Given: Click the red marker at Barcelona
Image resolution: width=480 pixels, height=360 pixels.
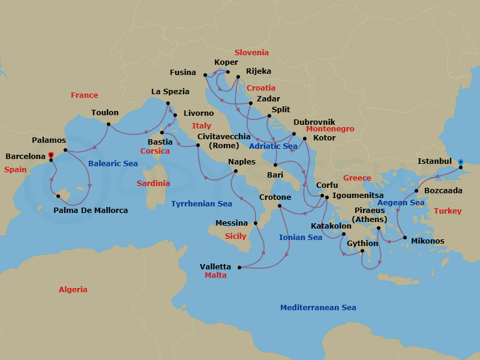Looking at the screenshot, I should (51, 155).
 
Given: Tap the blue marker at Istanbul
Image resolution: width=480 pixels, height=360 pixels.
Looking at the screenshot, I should (460, 161).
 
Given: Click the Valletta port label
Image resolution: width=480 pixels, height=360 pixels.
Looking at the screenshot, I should (215, 267).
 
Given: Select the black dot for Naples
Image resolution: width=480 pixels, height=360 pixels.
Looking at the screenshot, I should (235, 172).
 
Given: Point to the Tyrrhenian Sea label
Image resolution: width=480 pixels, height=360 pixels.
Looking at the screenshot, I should (202, 204).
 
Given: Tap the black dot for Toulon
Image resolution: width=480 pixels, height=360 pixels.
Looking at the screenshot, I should (108, 125).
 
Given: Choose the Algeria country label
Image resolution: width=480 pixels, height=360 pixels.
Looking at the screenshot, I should (73, 290).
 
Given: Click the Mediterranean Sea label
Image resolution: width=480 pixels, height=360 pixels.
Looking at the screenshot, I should (318, 308).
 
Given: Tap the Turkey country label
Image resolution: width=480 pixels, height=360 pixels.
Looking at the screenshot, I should (448, 211).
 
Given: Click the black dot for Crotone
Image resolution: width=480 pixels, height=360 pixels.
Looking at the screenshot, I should (280, 207).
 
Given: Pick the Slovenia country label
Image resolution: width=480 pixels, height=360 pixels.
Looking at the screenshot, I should (251, 53).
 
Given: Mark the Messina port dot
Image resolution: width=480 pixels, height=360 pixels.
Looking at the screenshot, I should (255, 223).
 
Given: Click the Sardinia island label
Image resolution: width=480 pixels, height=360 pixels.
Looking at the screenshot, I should (154, 184).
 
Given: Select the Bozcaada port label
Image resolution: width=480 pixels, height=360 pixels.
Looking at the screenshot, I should (443, 190).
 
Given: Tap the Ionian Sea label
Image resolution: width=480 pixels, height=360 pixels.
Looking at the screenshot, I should (301, 238).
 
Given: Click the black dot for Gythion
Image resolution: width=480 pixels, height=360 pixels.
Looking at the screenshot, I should (362, 251).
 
